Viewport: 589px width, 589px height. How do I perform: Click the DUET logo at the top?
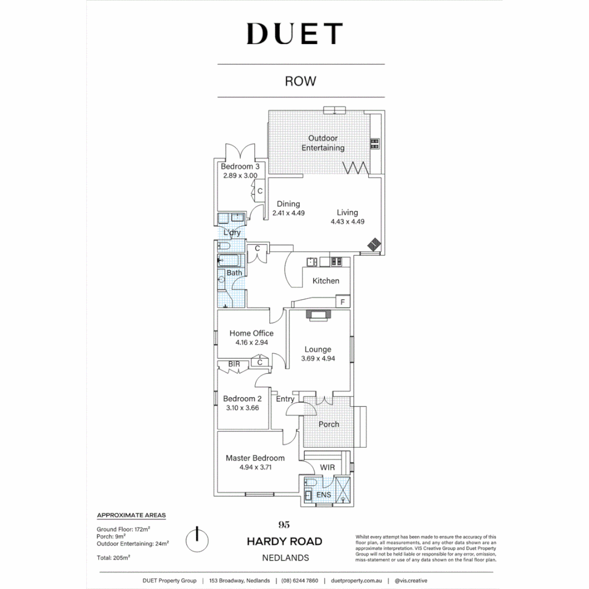[x=294, y=34]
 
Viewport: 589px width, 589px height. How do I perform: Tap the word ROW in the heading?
[x=300, y=81]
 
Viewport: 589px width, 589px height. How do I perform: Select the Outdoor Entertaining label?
[x=323, y=143]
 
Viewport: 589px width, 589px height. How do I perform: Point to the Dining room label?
[x=287, y=204]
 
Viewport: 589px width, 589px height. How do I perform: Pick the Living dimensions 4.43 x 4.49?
[x=347, y=222]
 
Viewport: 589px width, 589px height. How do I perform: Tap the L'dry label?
[x=232, y=233]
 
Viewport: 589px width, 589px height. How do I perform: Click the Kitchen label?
[x=326, y=281]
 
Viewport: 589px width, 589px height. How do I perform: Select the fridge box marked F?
[x=343, y=302]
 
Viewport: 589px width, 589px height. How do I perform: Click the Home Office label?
[x=251, y=333]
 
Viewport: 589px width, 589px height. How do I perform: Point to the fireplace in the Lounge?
[x=318, y=314]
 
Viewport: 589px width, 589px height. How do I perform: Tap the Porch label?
[x=329, y=424]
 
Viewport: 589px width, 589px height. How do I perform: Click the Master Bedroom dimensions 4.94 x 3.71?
[x=255, y=467]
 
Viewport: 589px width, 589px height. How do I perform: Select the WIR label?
[x=328, y=468]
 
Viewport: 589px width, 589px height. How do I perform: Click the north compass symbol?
[x=197, y=539]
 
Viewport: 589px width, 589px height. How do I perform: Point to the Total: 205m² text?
[x=113, y=558]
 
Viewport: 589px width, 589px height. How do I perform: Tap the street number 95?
[x=284, y=525]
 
